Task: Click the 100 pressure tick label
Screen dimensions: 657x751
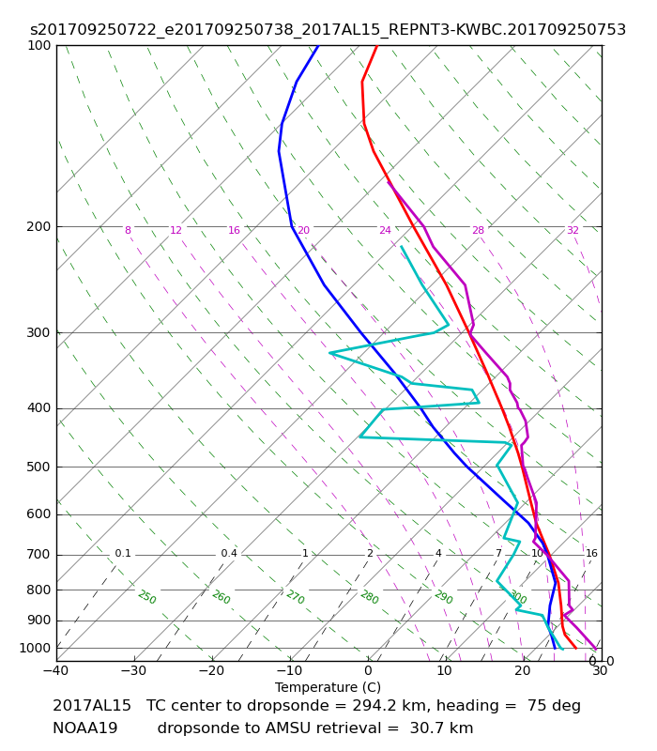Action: (x=39, y=45)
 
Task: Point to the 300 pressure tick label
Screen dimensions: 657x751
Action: (x=39, y=332)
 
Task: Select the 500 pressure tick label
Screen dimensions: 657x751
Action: (x=39, y=467)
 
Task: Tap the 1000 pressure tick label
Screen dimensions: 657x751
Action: (x=36, y=648)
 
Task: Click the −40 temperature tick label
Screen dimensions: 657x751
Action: (x=56, y=670)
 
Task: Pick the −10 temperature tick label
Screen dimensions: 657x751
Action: (x=290, y=670)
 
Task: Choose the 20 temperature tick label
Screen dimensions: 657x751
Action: (x=523, y=670)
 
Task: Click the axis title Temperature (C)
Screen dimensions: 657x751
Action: (x=328, y=687)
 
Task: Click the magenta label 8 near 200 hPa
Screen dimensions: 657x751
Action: (x=128, y=230)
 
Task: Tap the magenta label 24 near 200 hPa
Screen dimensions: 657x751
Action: (x=385, y=230)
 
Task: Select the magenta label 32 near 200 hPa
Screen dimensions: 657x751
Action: (x=573, y=230)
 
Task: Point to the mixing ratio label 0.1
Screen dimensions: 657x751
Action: (x=123, y=553)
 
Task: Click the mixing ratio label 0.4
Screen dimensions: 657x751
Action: (x=229, y=553)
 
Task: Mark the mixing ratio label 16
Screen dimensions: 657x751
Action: (x=591, y=553)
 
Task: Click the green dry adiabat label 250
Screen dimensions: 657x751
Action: (x=147, y=597)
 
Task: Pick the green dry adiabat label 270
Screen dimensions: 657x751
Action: (x=296, y=597)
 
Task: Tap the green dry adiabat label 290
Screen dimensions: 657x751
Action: (x=443, y=597)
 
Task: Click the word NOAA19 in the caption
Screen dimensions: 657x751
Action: (x=85, y=728)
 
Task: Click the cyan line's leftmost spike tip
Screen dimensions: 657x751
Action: (x=329, y=353)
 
